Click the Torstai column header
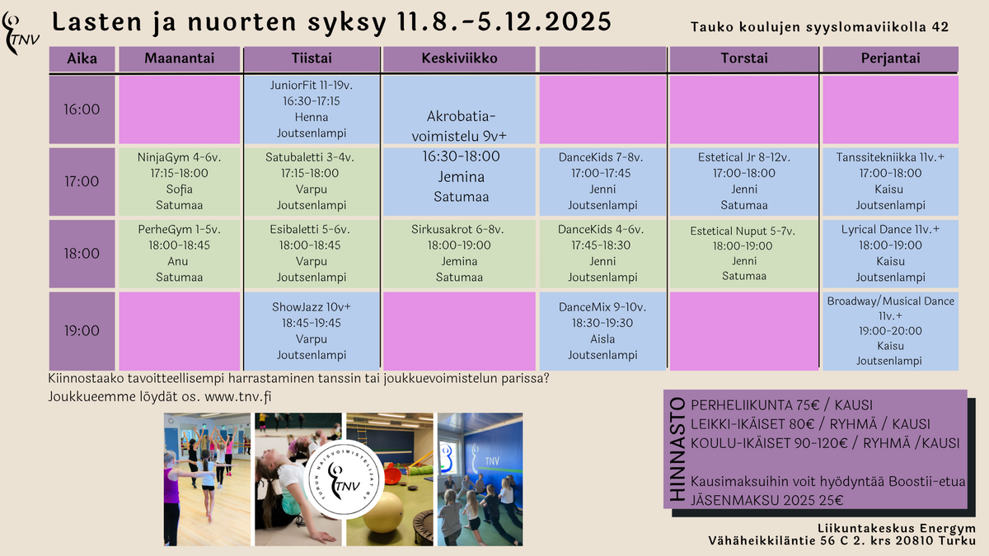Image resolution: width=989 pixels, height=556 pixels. pos(744,58)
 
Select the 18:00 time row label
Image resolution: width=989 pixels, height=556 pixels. pos(82,254)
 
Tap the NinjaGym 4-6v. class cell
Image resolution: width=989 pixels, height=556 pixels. pos(180,181)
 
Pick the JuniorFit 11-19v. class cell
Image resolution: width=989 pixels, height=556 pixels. pos(312,110)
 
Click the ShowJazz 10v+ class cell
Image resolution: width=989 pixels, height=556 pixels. pos(312,331)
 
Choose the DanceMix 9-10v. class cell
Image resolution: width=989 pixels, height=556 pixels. pos(602,331)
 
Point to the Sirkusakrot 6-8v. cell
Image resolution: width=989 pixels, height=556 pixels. pos(459,254)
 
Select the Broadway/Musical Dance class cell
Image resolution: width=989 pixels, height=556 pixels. pos(891,331)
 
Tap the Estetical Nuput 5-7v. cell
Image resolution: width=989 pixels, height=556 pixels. pos(744,254)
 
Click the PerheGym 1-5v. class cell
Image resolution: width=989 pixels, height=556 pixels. pos(180,254)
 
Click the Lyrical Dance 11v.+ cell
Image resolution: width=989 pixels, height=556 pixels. pos(891,254)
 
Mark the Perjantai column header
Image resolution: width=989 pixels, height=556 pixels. pos(891,58)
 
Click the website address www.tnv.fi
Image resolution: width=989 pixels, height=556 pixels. pos(238,397)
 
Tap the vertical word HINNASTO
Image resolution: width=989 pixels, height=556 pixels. pos(677,449)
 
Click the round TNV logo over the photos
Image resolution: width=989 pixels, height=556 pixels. pos(343,479)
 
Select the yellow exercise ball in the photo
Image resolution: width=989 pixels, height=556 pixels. pos(382,512)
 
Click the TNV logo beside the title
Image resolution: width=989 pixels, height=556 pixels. pos(21,34)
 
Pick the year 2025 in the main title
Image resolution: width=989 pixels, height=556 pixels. pos(578,22)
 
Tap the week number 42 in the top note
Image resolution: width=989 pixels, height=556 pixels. pos(940,27)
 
